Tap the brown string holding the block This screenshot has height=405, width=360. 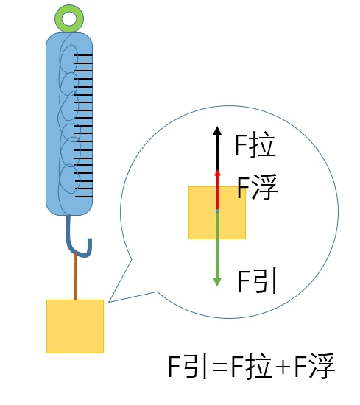(75, 276)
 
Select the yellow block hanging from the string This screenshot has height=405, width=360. (75, 326)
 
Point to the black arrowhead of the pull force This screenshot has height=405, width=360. (217, 130)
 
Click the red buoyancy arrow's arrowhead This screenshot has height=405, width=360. (218, 173)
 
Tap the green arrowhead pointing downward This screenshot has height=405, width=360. (217, 282)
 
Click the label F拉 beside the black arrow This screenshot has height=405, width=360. (255, 144)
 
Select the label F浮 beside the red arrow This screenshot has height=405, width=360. (257, 186)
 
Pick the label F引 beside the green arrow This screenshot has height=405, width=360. (257, 281)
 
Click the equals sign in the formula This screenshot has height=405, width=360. (220, 367)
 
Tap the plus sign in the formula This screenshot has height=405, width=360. (283, 367)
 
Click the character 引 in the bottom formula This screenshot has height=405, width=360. (196, 366)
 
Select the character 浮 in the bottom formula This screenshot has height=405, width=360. (322, 366)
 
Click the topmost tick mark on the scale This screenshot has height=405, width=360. (83, 55)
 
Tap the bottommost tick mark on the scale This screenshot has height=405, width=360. (84, 197)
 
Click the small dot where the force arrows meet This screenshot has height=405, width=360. (217, 211)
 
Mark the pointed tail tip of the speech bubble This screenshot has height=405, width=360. (109, 302)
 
